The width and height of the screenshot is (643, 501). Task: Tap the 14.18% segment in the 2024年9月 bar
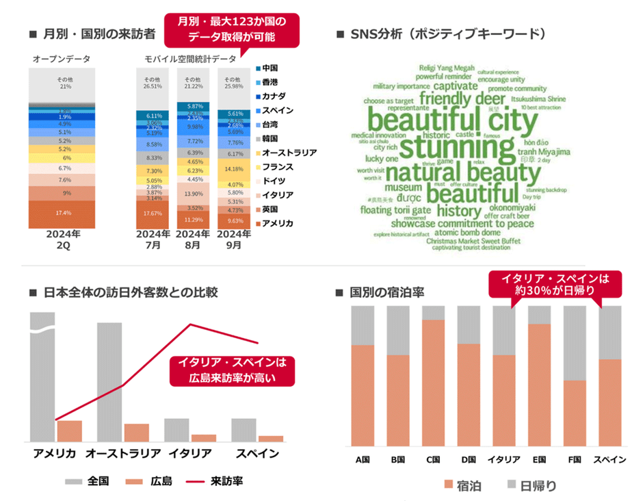(x=237, y=168)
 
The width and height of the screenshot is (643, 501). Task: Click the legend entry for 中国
(x=270, y=68)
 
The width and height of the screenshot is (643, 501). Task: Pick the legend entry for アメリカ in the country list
(x=276, y=223)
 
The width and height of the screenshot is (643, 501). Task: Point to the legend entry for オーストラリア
(x=288, y=152)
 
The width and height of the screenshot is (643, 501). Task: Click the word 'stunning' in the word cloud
(x=456, y=147)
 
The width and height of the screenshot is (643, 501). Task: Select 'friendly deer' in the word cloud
(x=462, y=100)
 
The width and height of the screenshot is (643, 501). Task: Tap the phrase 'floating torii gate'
(x=395, y=209)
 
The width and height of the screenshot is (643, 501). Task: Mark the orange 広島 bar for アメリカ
(x=69, y=431)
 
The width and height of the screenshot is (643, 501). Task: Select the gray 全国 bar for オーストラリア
(x=109, y=382)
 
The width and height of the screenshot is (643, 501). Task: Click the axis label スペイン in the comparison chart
(x=257, y=453)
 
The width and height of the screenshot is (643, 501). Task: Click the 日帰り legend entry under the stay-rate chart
(x=530, y=486)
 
